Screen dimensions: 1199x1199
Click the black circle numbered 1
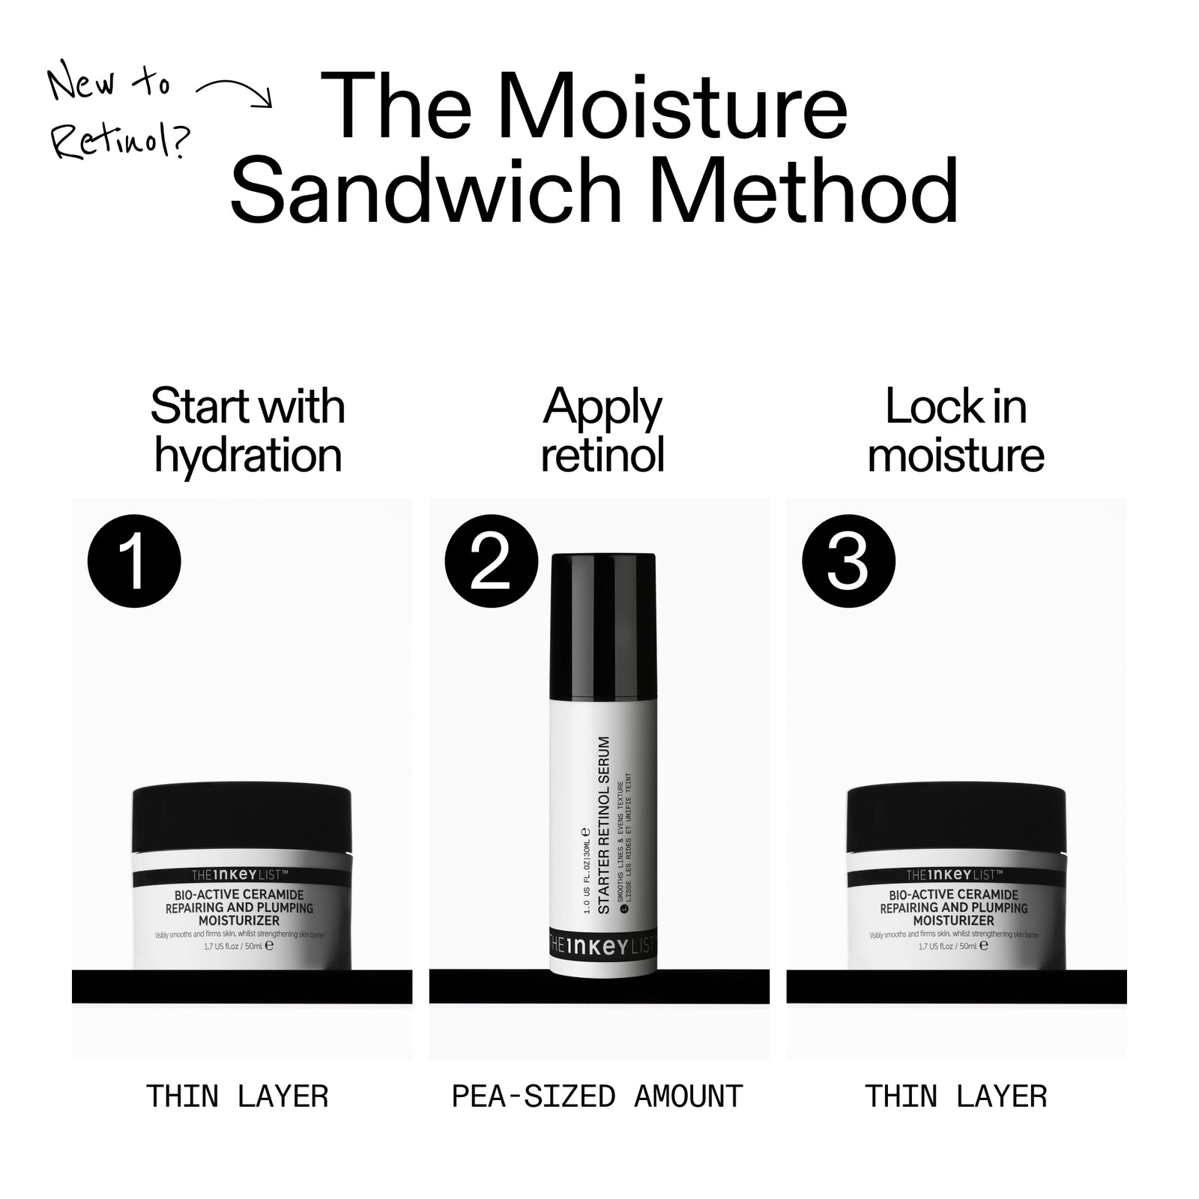point(134,561)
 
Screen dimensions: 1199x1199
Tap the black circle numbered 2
point(492,561)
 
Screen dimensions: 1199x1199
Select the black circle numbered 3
point(848,561)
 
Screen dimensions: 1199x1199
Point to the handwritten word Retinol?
point(120,139)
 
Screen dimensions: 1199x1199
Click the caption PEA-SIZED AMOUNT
point(597,1096)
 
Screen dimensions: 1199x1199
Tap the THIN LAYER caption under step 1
point(238,1096)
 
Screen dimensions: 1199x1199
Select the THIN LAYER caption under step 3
point(955,1096)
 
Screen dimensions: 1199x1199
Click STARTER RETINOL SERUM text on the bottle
point(604,824)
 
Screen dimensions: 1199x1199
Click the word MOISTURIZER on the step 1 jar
point(239,921)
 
